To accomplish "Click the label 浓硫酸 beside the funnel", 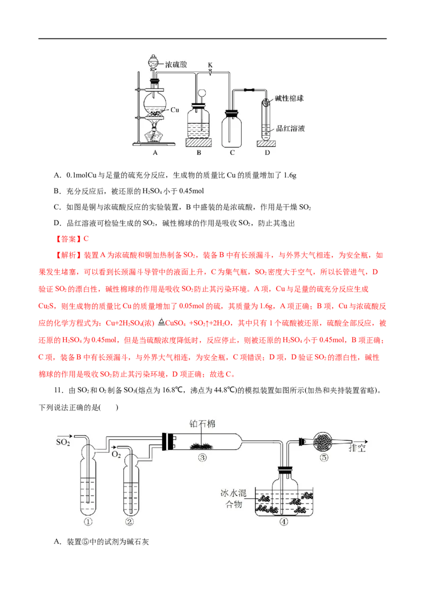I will point(176,64).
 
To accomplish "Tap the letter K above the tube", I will point(210,65).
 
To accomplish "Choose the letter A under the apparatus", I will point(156,153).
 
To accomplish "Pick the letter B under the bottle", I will point(199,153).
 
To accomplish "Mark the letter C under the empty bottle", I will point(232,153).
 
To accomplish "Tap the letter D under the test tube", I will point(267,153).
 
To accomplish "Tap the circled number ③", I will point(202,458).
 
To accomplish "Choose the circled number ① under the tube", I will point(88,522).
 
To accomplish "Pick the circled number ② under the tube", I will point(130,522).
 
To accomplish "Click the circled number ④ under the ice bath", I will point(284,522).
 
